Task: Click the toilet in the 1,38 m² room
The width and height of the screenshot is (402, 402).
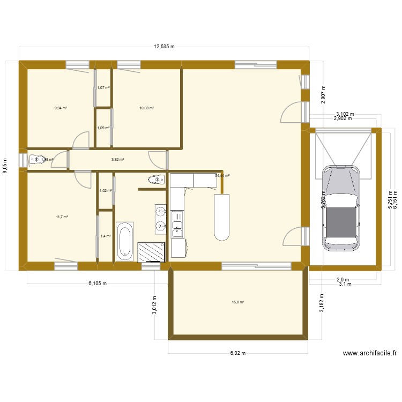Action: point(38,159)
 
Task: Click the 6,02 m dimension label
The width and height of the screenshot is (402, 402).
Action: point(237,353)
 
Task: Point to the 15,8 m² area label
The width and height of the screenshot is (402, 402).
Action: point(238,302)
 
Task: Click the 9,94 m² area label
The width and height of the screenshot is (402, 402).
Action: point(61,108)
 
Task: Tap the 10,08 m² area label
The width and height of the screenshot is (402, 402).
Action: point(146,108)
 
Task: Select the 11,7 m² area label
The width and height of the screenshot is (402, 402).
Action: point(62,217)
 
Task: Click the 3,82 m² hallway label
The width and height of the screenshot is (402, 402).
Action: point(117,159)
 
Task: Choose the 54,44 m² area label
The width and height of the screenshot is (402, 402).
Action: point(222,175)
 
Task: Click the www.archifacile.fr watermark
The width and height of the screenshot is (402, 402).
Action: point(370,353)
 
